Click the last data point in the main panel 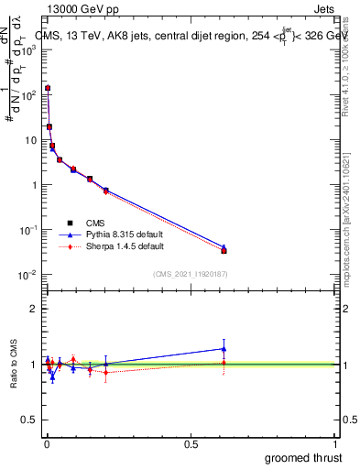pos(224,250)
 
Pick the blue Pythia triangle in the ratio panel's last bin pos(224,348)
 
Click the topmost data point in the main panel pos(47,89)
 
